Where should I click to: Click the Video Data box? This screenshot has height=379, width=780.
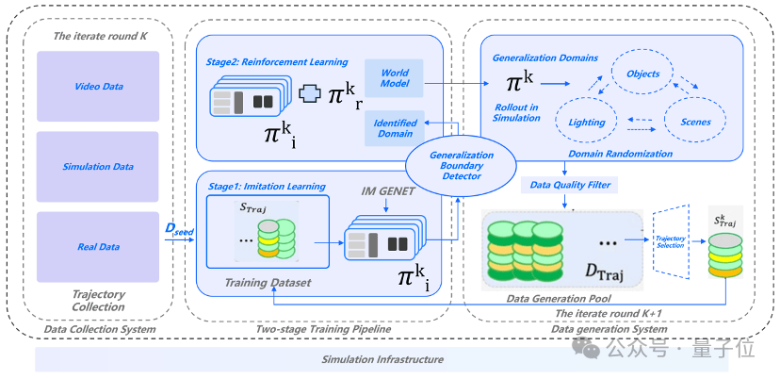coord(98,87)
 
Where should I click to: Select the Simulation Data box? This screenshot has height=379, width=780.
coord(98,166)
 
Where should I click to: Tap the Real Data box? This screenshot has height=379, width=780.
coord(98,247)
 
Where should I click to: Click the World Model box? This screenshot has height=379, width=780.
coord(395,78)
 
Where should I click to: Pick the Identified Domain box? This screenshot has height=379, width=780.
coord(395,128)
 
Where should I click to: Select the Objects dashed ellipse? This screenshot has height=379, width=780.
coord(643,74)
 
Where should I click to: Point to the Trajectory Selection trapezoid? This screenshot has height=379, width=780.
coord(671,240)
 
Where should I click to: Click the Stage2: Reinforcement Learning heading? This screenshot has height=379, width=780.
coord(268,60)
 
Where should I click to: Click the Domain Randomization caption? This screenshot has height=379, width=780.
coord(622,153)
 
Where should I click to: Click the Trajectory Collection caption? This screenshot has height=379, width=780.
coord(98,300)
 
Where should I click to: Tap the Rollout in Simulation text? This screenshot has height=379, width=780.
coord(517,112)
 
